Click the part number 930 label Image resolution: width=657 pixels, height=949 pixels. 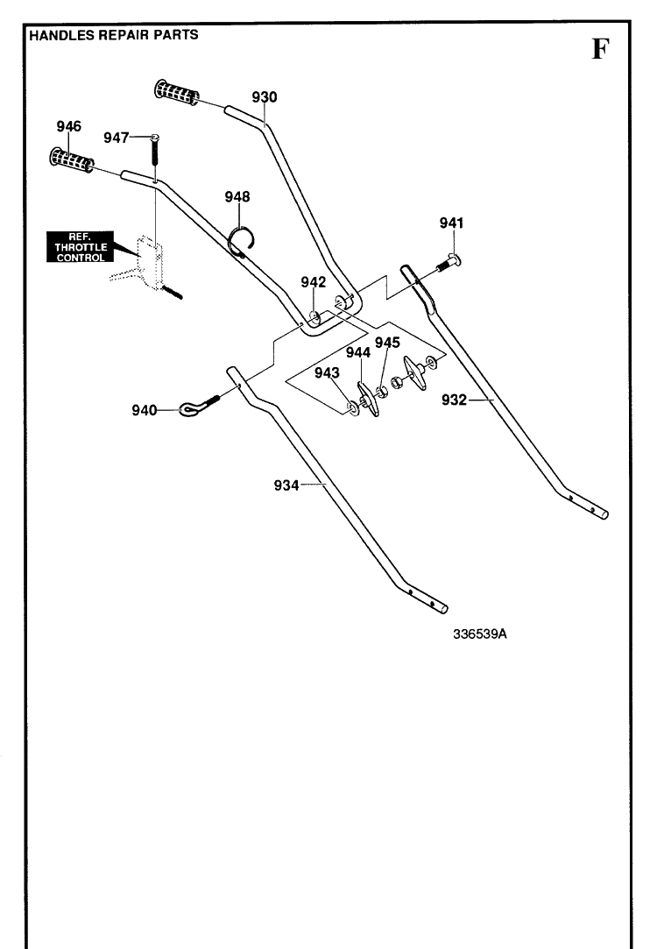click(265, 97)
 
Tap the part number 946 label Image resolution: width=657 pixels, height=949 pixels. click(69, 126)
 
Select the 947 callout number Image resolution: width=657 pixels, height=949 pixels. click(117, 138)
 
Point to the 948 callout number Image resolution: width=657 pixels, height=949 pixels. click(237, 196)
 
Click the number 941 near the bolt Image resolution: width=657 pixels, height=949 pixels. click(451, 223)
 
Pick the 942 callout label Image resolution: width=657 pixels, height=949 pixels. click(314, 282)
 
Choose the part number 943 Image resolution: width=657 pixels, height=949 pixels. click(327, 372)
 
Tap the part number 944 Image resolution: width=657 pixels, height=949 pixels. click(358, 352)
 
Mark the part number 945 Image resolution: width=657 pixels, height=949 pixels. click(387, 343)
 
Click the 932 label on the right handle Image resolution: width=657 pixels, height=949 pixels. click(455, 400)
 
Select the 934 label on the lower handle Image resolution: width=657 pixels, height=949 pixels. click(286, 485)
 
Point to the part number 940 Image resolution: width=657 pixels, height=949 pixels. click(145, 410)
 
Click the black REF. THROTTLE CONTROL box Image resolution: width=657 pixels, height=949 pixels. click(81, 247)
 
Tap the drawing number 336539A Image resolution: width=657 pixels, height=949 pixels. click(480, 634)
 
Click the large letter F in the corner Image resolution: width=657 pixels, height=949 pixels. click(599, 49)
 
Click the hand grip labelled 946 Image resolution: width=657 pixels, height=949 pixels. click(72, 160)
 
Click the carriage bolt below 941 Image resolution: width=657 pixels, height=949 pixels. click(449, 263)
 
